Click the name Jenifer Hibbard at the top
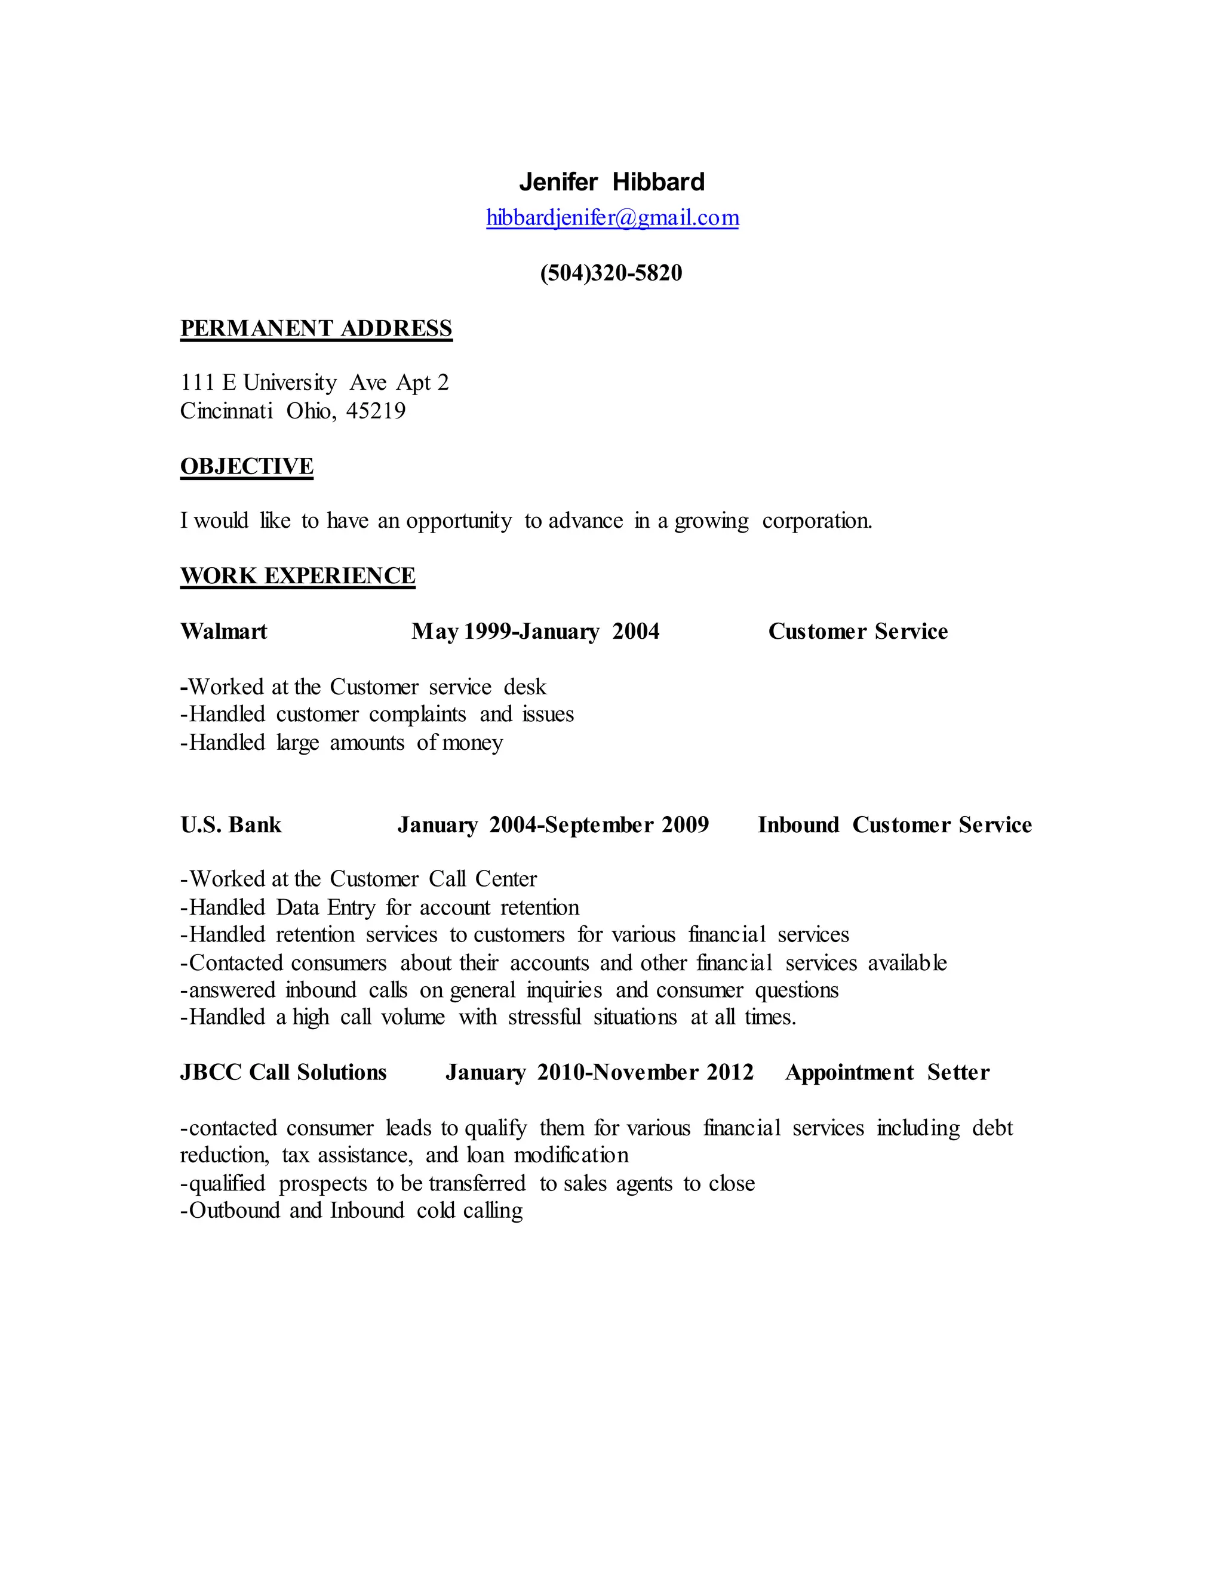(x=611, y=182)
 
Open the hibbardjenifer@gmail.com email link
(x=612, y=218)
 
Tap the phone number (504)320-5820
(x=611, y=273)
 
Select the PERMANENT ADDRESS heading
(x=316, y=329)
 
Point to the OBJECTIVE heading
(x=247, y=466)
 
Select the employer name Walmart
(x=223, y=632)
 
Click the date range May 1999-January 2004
(x=536, y=632)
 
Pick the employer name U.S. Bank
(x=231, y=825)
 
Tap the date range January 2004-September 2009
(x=553, y=825)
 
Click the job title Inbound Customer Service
(x=895, y=825)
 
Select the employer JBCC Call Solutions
(x=283, y=1073)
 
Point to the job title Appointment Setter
(x=887, y=1073)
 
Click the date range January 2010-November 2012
(x=599, y=1073)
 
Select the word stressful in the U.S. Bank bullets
(x=544, y=1018)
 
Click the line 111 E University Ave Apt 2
(x=315, y=383)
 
